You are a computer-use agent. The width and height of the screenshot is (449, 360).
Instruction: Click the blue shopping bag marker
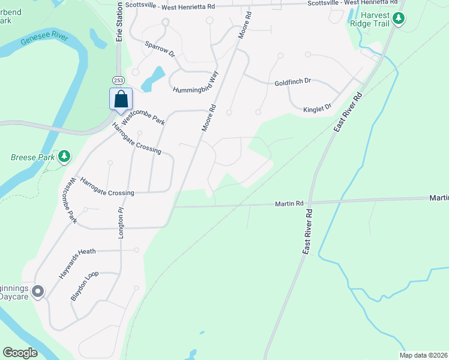pyautogui.click(x=121, y=98)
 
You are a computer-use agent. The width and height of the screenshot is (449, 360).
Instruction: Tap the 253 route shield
pyautogui.click(x=118, y=80)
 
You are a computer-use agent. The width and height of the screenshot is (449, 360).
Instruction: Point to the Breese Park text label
pyautogui.click(x=32, y=158)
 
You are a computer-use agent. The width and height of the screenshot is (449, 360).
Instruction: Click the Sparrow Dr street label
pyautogui.click(x=160, y=49)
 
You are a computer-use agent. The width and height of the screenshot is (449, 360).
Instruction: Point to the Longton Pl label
pyautogui.click(x=121, y=224)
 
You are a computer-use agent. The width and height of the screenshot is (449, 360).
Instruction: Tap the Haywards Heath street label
pyautogui.click(x=89, y=251)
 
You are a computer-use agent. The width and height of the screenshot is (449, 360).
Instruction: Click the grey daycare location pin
pyautogui.click(x=38, y=292)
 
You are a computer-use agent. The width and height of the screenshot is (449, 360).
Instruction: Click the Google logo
pyautogui.click(x=20, y=353)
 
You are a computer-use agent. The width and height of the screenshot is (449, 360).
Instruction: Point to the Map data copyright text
pyautogui.click(x=423, y=355)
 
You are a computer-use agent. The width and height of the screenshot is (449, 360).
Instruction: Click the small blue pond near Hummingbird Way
pyautogui.click(x=154, y=76)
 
